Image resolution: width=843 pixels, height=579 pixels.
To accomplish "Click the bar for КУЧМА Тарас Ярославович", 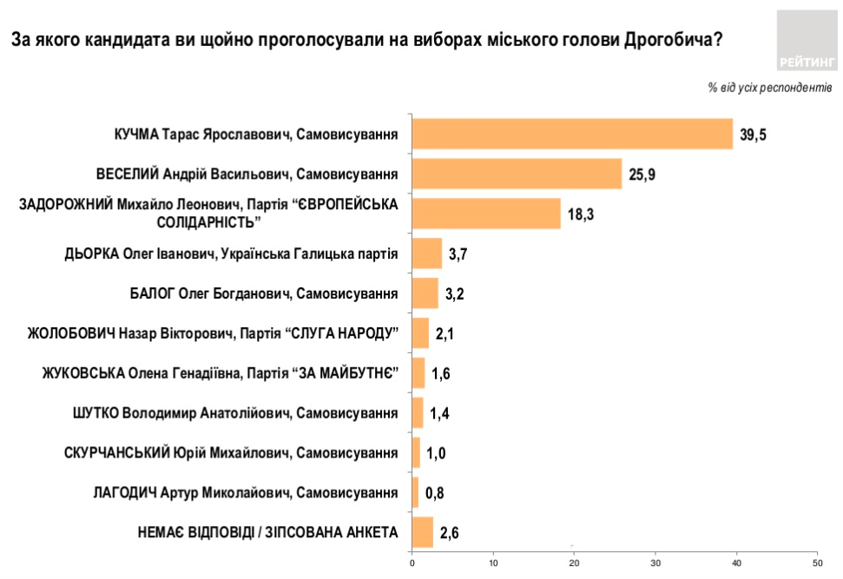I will tap(572, 135).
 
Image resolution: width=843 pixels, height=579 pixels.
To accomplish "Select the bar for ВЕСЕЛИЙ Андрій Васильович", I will tap(517, 174).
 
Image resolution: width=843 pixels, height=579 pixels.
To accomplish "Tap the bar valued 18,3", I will tap(486, 214).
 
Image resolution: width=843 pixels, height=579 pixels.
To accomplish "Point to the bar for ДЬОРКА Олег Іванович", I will tap(427, 253).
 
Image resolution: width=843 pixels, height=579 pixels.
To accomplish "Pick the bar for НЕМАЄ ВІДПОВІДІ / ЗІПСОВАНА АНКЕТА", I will tap(423, 532).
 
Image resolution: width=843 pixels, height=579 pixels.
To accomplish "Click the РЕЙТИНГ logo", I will tap(807, 40).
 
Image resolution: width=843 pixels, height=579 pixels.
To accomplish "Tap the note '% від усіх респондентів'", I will tap(770, 88).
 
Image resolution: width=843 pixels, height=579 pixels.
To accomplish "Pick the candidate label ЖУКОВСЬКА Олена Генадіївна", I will tap(220, 373).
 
